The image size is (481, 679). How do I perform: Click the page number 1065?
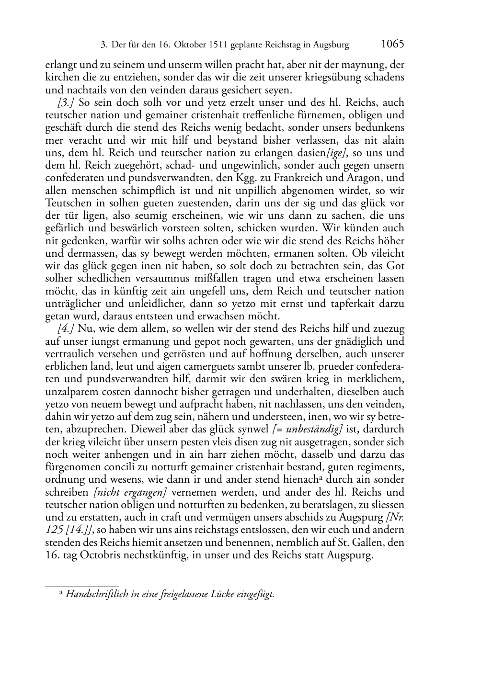(393, 45)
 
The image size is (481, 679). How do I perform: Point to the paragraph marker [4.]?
(66, 329)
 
